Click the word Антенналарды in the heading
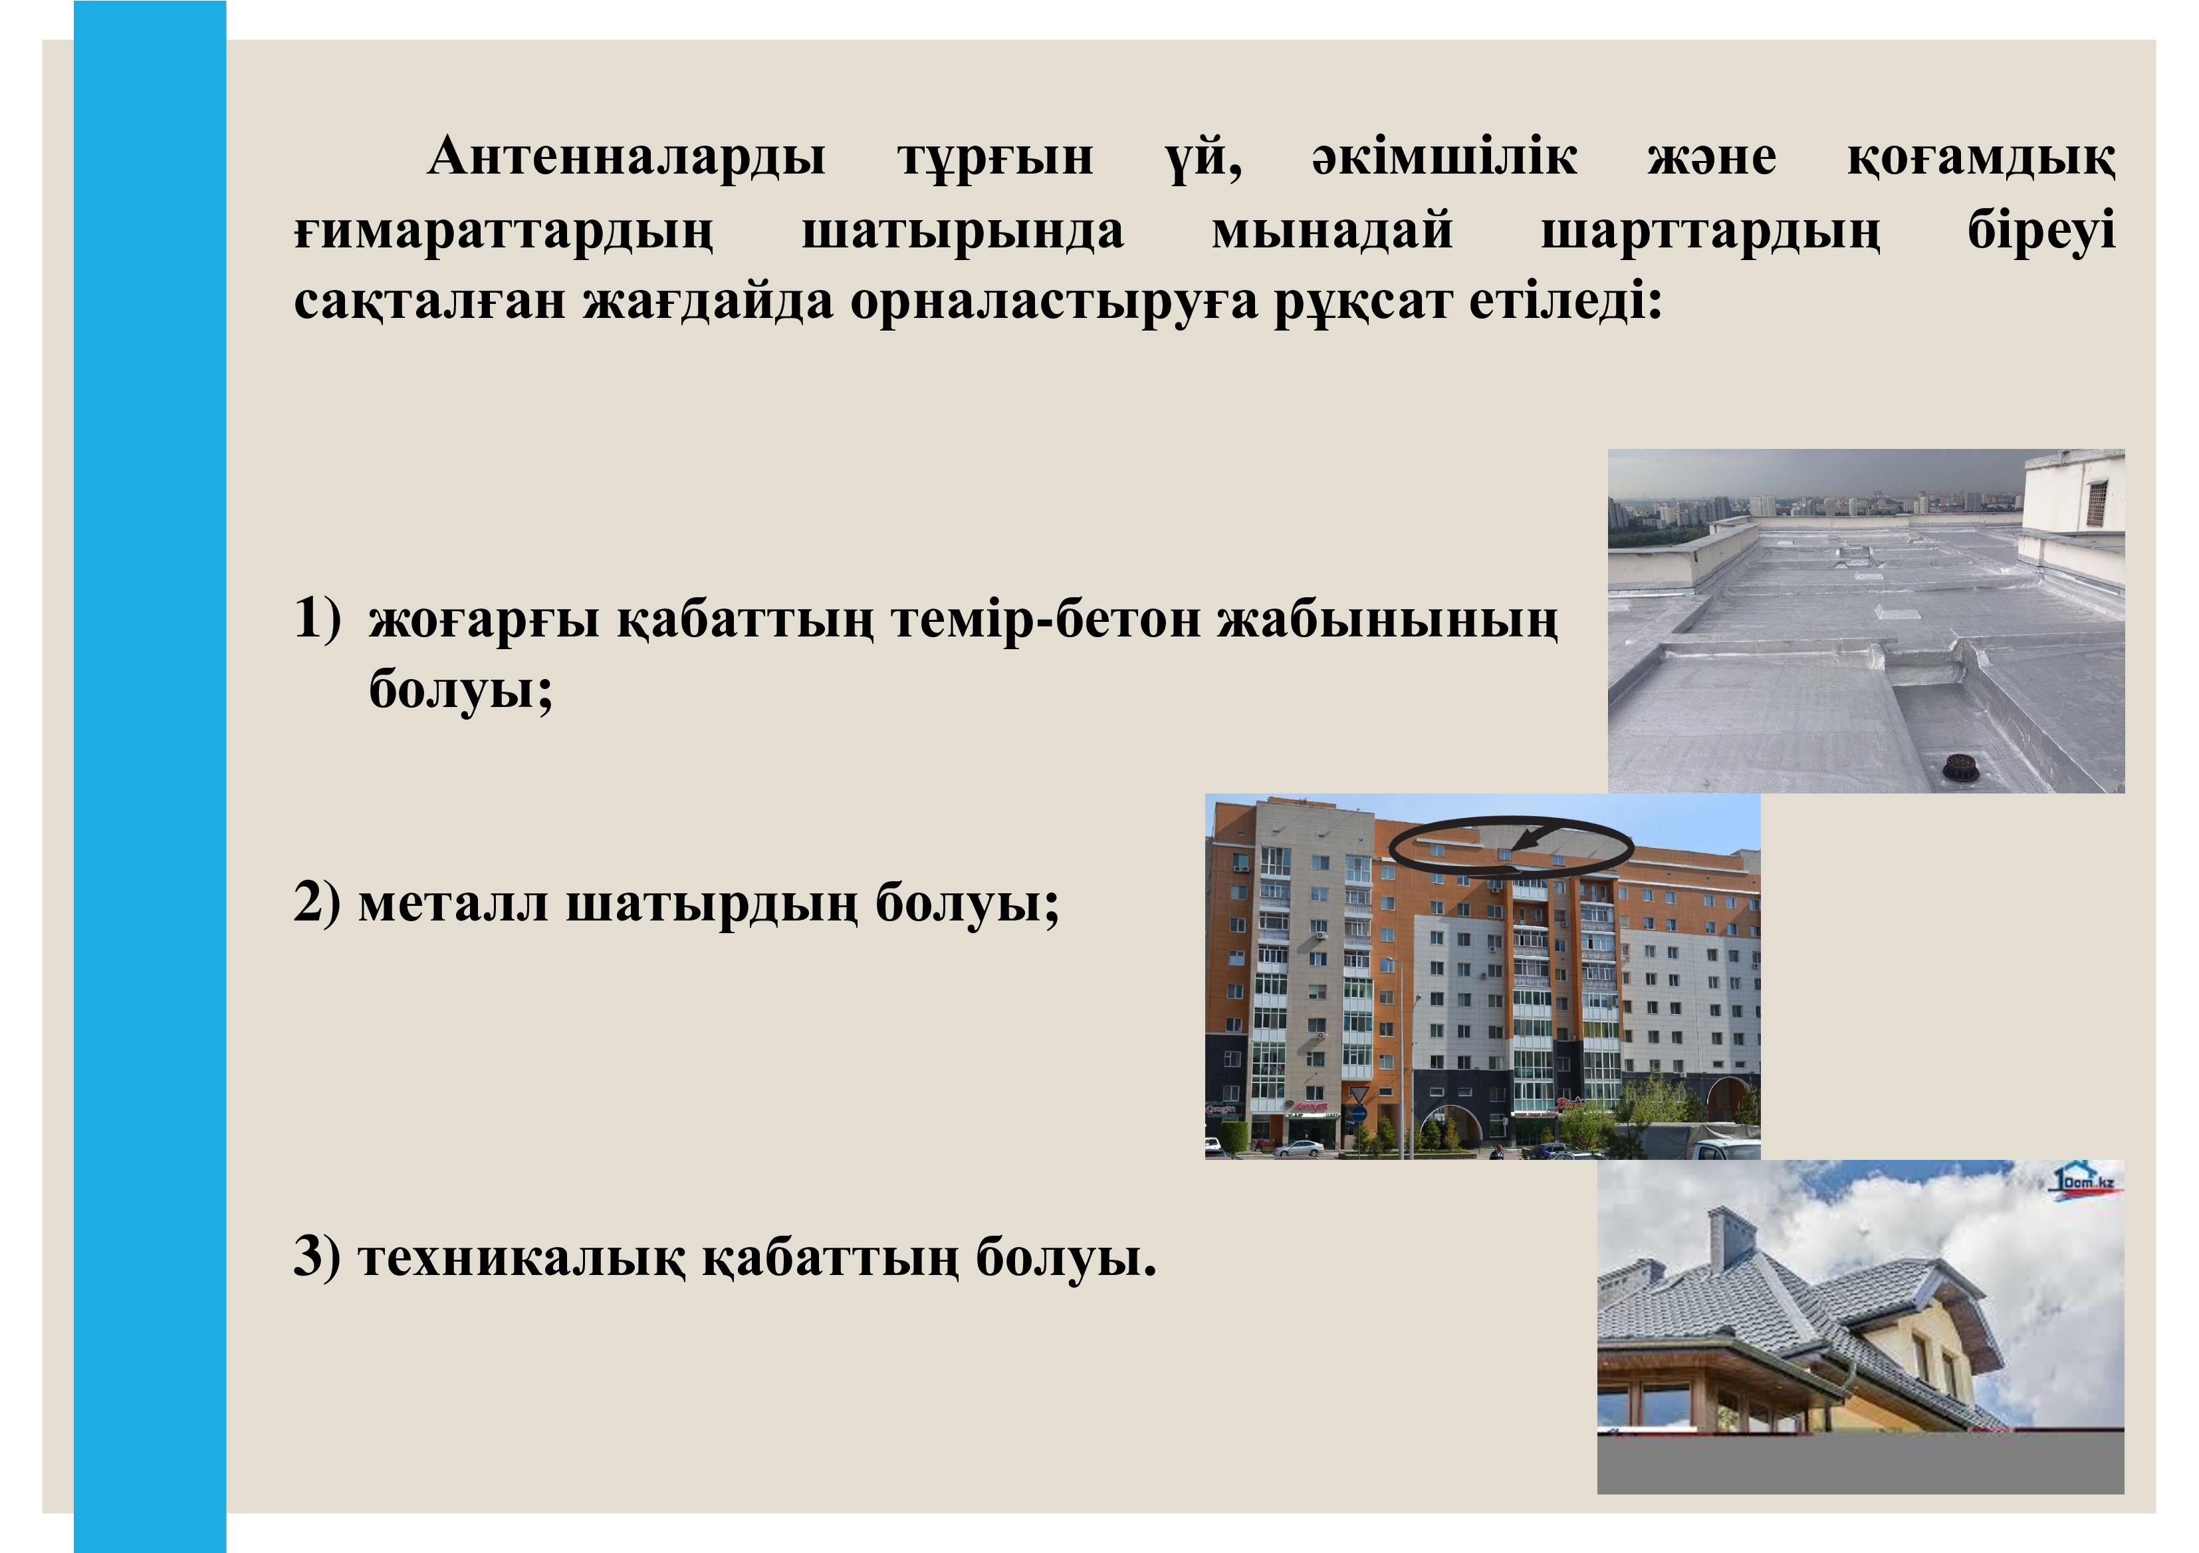626,157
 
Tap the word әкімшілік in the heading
1445,156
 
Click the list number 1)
317,618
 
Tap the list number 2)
317,903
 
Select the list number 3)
317,1257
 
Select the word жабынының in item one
1388,620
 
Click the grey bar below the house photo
1861,1463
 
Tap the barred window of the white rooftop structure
2097,502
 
